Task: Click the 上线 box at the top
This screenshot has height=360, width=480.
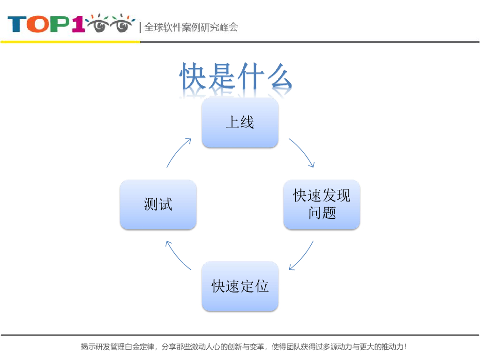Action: [240, 123]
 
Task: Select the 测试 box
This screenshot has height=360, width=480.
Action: [158, 204]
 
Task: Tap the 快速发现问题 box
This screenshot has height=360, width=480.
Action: [322, 204]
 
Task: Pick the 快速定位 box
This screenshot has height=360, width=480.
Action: [240, 286]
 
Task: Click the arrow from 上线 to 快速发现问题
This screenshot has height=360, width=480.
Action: [303, 152]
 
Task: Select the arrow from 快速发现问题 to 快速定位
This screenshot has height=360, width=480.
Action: [303, 257]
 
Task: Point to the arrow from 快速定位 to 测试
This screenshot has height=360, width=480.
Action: [177, 257]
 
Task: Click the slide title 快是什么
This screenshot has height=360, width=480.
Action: [236, 77]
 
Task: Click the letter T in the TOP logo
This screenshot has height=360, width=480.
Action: [17, 24]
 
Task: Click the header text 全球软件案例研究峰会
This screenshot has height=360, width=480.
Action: [191, 27]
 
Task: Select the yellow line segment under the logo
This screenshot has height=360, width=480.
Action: [70, 42]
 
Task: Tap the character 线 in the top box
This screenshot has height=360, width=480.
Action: [247, 123]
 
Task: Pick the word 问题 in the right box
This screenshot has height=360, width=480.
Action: [322, 213]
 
